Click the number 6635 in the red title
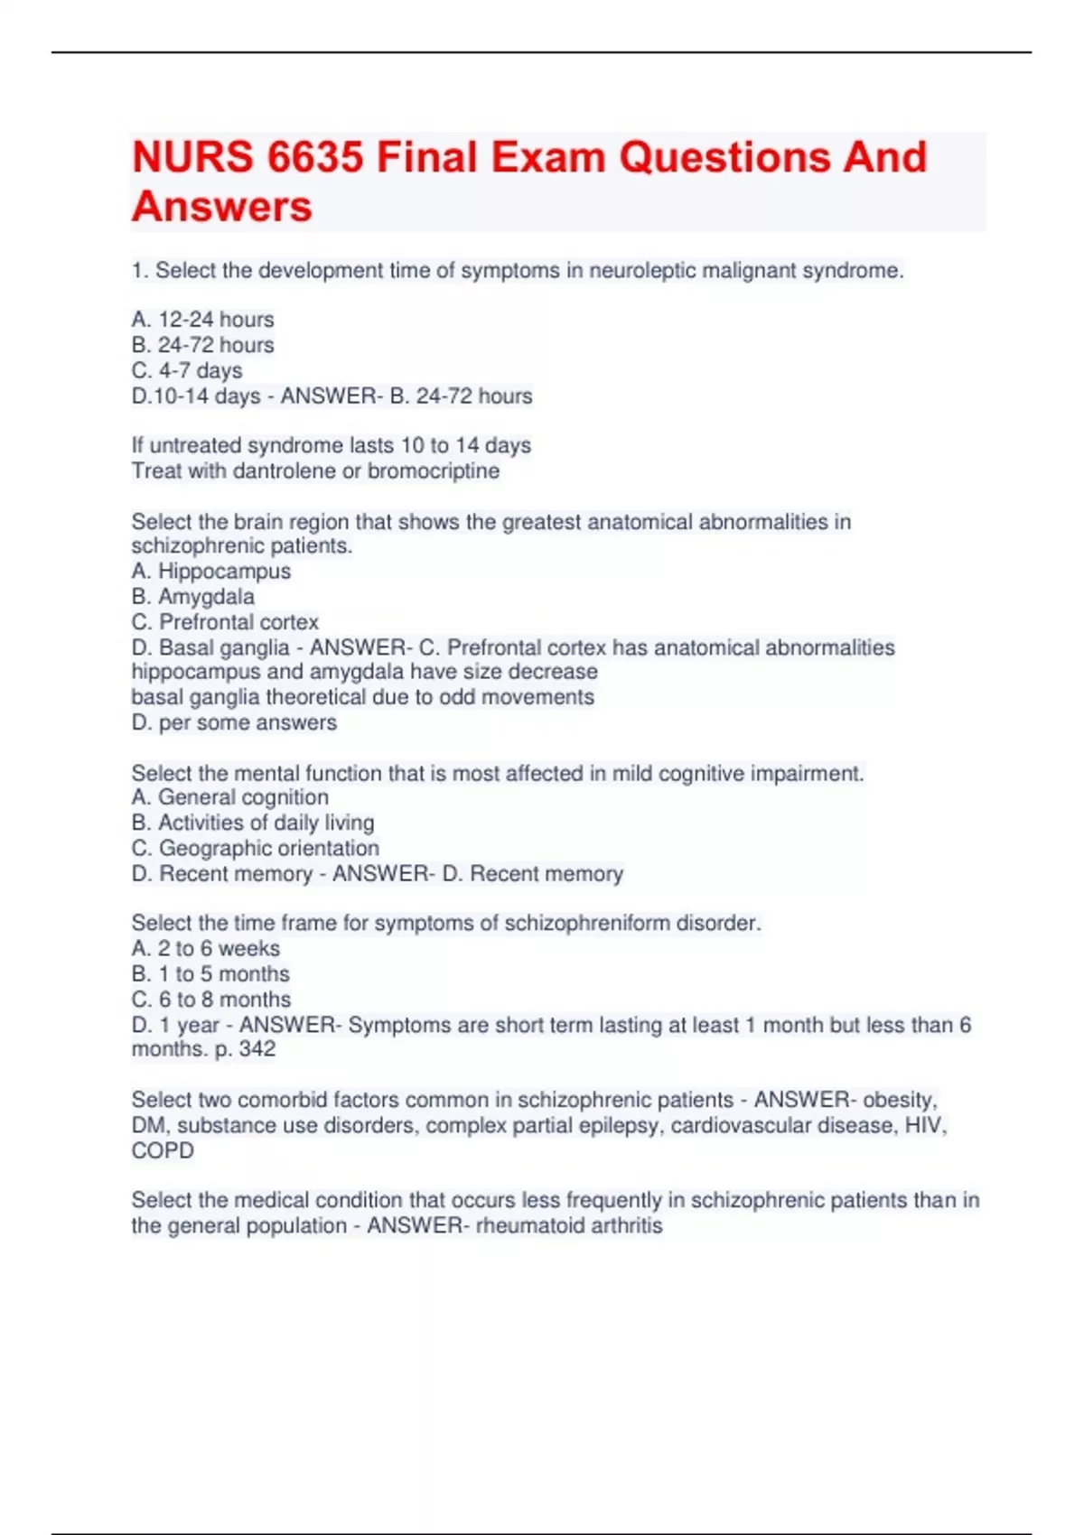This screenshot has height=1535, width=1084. pos(315,158)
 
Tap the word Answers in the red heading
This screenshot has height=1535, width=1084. pos(222,207)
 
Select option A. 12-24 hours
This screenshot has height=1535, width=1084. pos(202,320)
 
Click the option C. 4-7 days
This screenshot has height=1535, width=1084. pos(187,370)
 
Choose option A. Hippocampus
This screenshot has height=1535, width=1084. pos(211,572)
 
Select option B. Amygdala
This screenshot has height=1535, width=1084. pos(192,597)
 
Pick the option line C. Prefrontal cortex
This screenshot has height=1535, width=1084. pos(225,622)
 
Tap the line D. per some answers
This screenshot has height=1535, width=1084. pos(234,722)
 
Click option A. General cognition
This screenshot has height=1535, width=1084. pos(229,797)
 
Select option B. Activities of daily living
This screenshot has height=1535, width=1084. pos(253,823)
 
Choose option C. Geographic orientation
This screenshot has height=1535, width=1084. pos(255,848)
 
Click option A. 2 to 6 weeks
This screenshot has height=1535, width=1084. pos(206,948)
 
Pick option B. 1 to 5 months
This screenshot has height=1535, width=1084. pos(210,974)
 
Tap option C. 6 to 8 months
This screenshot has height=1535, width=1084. pos(211,1000)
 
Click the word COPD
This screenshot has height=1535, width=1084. pos(163,1150)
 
